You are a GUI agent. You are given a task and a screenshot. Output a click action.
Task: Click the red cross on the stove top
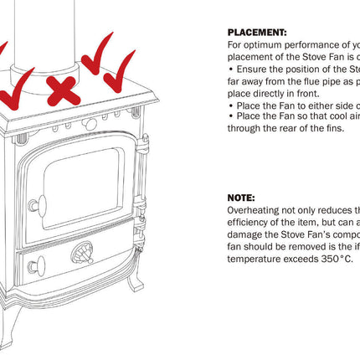pyautogui.click(x=63, y=90)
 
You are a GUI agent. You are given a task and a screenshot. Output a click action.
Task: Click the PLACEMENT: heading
pyautogui.click(x=256, y=31)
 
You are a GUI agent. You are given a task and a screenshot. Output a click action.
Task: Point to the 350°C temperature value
pyautogui.click(x=336, y=259)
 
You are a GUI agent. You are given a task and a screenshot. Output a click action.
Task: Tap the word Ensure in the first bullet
pyautogui.click(x=253, y=69)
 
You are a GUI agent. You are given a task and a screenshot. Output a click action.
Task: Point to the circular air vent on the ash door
pyautogui.click(x=82, y=253)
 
